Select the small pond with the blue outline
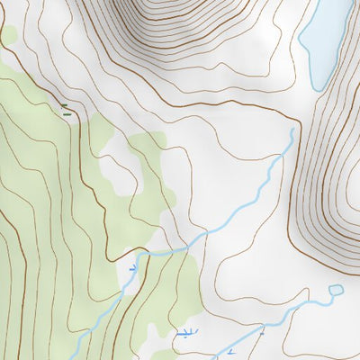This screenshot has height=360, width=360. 336,290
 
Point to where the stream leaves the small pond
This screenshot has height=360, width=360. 329,293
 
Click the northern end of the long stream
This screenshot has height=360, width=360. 292,130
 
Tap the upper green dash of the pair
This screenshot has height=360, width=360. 64,106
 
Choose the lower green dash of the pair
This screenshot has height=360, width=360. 66,112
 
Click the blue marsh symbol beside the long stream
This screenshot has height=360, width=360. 133,267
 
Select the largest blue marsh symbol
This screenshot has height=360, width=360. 184,334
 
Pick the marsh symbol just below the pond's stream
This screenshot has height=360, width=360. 230,350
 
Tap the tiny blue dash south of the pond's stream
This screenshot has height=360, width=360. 262,332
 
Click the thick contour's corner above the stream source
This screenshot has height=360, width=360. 297,119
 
